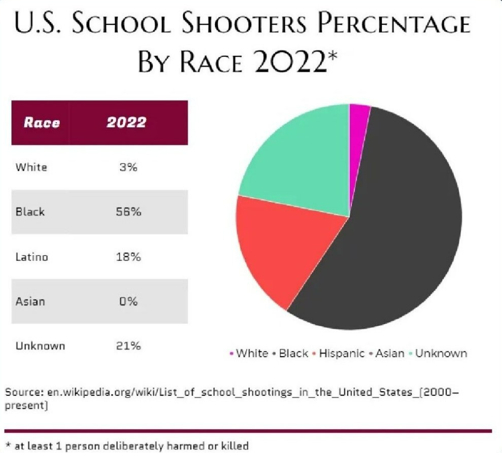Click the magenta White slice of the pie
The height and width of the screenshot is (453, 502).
click(x=359, y=124)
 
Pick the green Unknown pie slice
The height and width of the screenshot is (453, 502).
click(x=299, y=155)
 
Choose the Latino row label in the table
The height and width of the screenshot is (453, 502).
click(x=32, y=257)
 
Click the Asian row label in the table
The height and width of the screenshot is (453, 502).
click(x=30, y=301)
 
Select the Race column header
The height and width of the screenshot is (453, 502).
click(x=41, y=123)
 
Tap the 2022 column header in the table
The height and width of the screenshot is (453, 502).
click(x=126, y=123)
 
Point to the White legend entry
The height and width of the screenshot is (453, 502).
click(x=252, y=354)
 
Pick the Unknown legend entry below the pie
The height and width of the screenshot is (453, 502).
click(x=441, y=354)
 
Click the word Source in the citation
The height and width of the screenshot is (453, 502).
click(x=22, y=393)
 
